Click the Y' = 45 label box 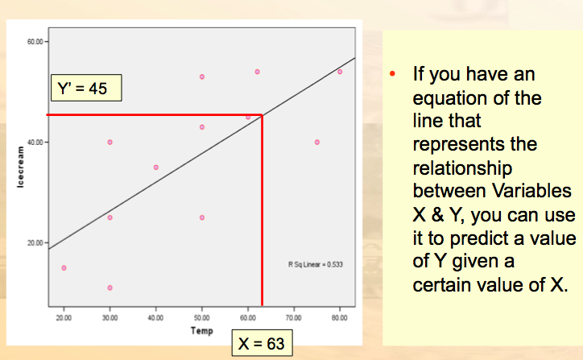(85, 89)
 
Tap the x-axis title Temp (202, 330)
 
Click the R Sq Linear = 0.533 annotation (316, 263)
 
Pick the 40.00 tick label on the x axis (155, 318)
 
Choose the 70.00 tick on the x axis (294, 318)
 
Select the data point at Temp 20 (64, 267)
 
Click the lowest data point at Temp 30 (110, 288)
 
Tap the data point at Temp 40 (155, 168)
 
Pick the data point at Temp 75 (317, 142)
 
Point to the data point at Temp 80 (340, 72)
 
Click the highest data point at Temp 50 (202, 77)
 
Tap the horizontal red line (153, 115)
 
